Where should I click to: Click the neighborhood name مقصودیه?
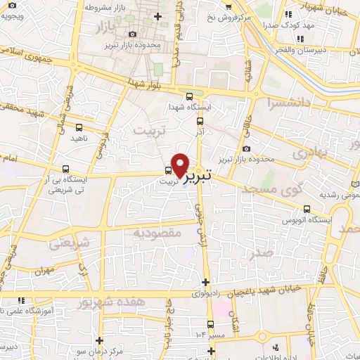[x=153, y=231]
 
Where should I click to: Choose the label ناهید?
[x=77, y=139]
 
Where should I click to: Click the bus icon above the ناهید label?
[x=78, y=128]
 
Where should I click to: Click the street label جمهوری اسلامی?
[x=25, y=53]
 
